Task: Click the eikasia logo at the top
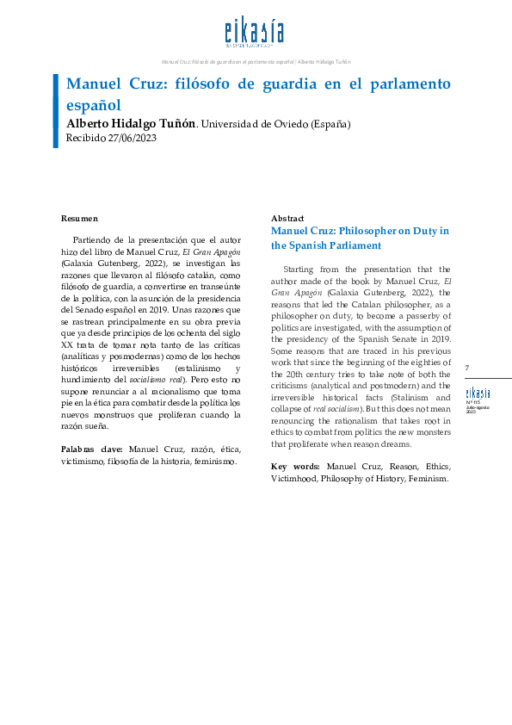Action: coord(254,34)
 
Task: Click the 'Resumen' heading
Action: coord(79,219)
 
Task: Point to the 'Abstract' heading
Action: coord(288,219)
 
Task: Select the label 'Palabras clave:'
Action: coord(92,449)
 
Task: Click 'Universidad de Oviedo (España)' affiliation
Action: coord(275,124)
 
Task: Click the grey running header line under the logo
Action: coord(256,62)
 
